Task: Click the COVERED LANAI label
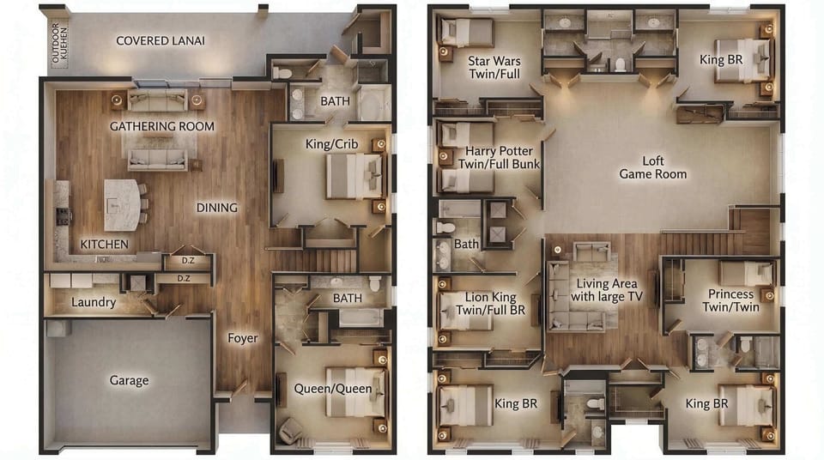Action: point(161,40)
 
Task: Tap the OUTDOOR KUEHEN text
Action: point(59,43)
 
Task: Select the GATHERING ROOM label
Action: point(162,126)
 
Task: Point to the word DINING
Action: point(216,208)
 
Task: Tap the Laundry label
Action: point(94,302)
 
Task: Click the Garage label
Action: point(129,380)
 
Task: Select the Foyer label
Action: point(242,338)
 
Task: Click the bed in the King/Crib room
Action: point(354,176)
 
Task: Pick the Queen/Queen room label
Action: point(333,389)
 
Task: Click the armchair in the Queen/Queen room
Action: point(290,429)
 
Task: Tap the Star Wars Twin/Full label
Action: point(494,67)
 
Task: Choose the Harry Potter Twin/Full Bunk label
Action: point(499,157)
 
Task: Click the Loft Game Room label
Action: point(652,167)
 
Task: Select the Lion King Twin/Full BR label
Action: point(490,303)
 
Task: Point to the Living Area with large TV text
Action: point(607,290)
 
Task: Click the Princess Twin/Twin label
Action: point(730,300)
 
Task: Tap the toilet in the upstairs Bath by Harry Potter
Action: point(445,227)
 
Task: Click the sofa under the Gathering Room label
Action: point(157,160)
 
